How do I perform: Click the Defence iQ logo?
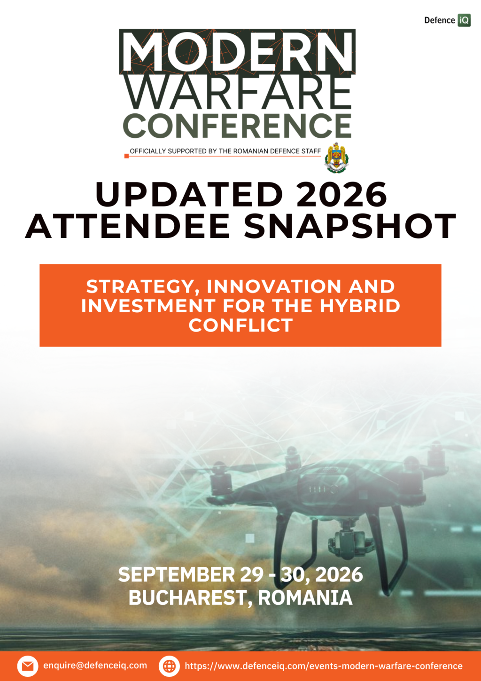pyautogui.click(x=447, y=20)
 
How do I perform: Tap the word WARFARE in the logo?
pyautogui.click(x=238, y=92)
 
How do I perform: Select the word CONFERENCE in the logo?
pyautogui.click(x=237, y=126)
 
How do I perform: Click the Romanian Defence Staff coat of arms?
pyautogui.click(x=336, y=158)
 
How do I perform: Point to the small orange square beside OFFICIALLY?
pyautogui.click(x=127, y=156)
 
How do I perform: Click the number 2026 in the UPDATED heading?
pyautogui.click(x=341, y=195)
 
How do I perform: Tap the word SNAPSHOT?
pyautogui.click(x=350, y=226)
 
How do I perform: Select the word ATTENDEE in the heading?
pyautogui.click(x=128, y=226)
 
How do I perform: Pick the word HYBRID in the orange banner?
pyautogui.click(x=360, y=306)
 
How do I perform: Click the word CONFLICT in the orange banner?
pyautogui.click(x=240, y=325)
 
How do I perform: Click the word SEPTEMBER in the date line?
pyautogui.click(x=177, y=575)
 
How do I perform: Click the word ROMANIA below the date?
pyautogui.click(x=305, y=598)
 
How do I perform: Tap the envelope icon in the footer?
pyautogui.click(x=28, y=666)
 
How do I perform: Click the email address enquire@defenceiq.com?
pyautogui.click(x=95, y=665)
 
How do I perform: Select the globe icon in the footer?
pyautogui.click(x=169, y=666)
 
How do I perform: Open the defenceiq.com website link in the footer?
pyautogui.click(x=324, y=666)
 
